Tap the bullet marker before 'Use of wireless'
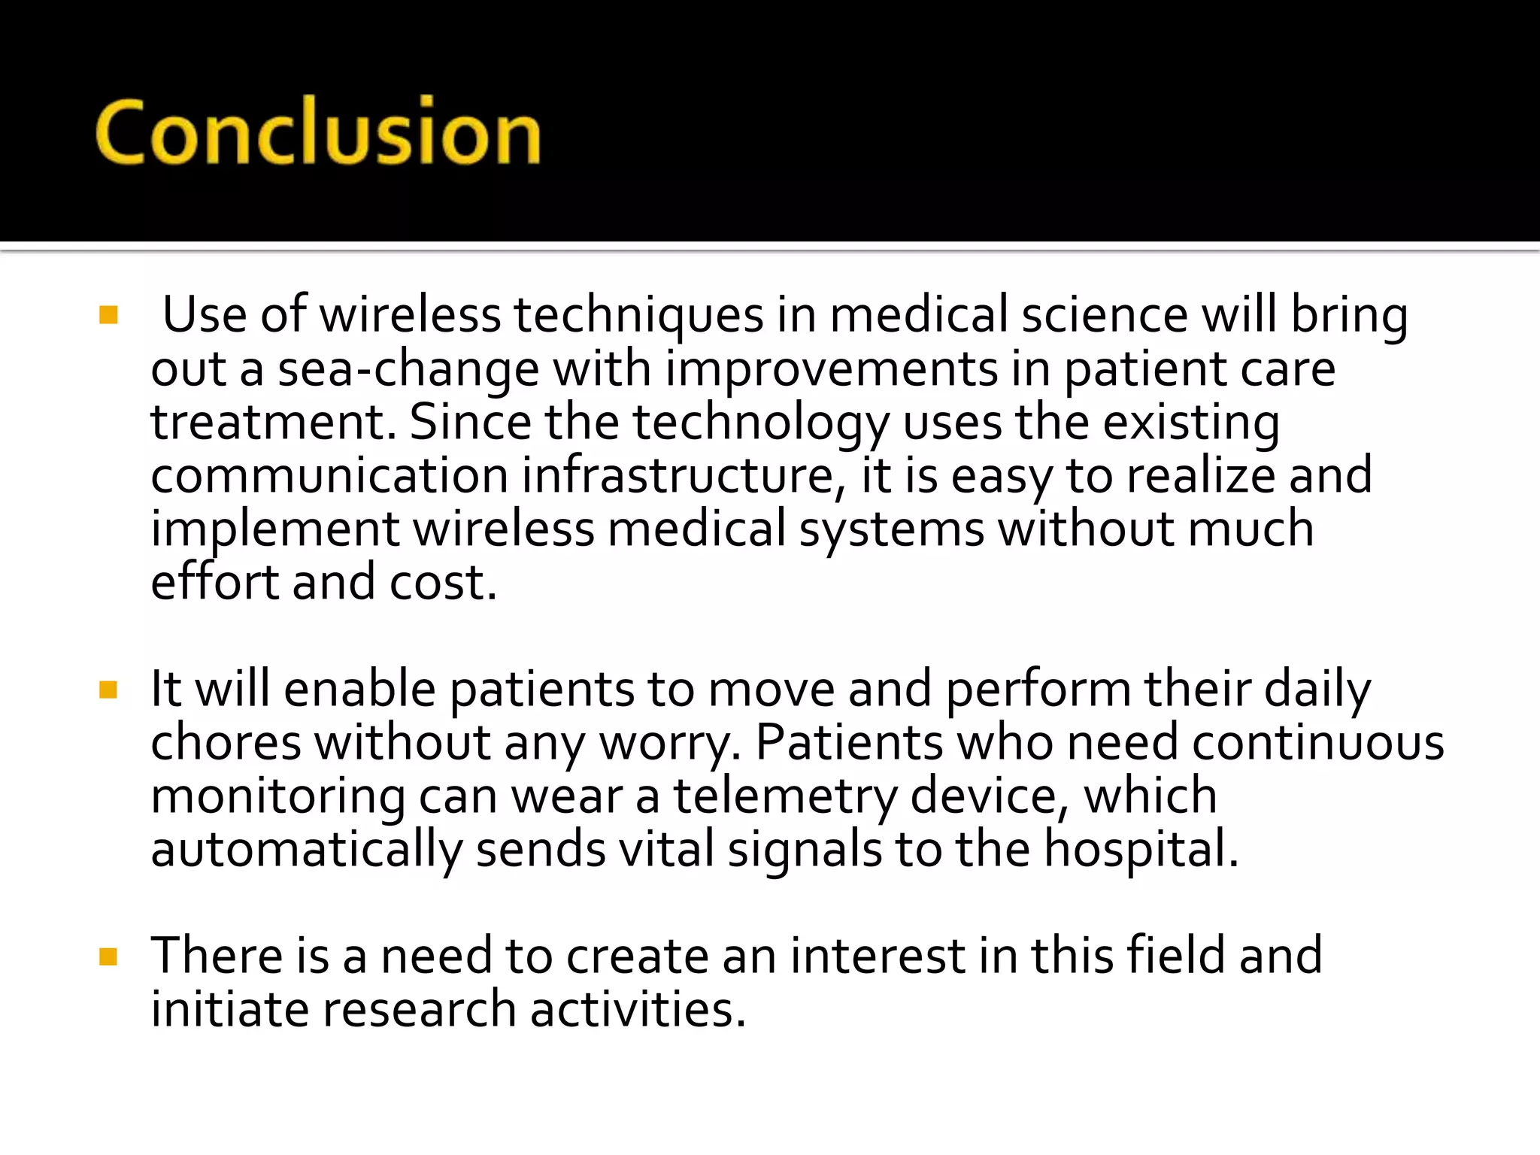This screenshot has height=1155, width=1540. click(108, 315)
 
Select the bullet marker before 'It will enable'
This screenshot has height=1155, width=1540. click(108, 690)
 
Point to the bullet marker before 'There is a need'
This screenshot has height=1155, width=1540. click(108, 956)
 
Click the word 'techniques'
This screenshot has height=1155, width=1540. click(638, 316)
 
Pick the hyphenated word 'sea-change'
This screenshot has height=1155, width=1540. click(408, 369)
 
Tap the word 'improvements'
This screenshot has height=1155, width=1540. click(832, 369)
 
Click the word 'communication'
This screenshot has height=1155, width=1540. click(329, 476)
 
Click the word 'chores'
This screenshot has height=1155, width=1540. click(226, 743)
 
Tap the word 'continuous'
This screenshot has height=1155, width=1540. click(1317, 743)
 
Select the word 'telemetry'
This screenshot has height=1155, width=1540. click(785, 797)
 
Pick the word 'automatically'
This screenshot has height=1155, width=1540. click(306, 850)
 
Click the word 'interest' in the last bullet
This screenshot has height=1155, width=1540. click(878, 956)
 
